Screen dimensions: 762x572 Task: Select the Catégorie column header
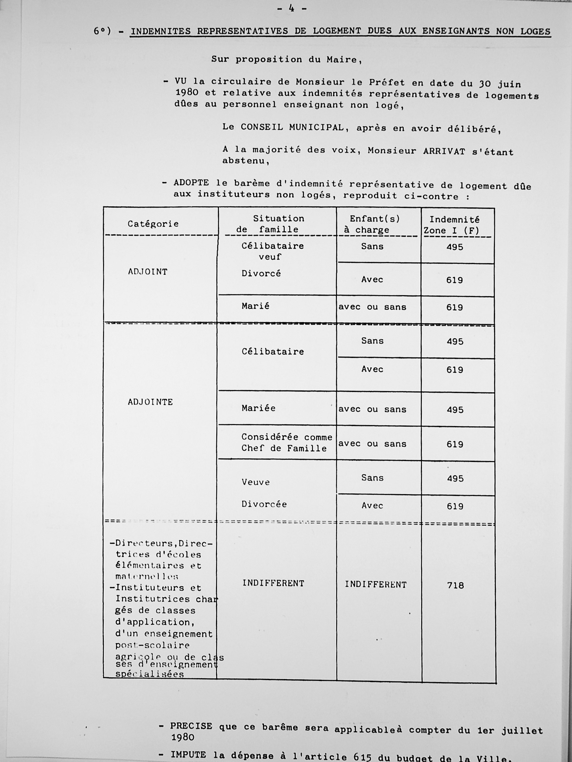coord(153,224)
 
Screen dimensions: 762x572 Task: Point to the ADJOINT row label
coord(148,272)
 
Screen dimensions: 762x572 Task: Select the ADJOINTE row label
coord(150,402)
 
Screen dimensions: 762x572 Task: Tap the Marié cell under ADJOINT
coord(255,306)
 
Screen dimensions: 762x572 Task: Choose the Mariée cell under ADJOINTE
coord(258,408)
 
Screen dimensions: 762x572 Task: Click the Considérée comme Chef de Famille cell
coord(287,443)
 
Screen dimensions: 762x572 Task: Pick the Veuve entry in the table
coord(256,482)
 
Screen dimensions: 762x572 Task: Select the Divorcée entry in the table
coord(264,504)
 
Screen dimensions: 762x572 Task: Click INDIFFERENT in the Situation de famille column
coord(273,583)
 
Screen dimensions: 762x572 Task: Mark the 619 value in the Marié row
coord(454,307)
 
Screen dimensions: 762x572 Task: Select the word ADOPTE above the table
coord(191,183)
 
